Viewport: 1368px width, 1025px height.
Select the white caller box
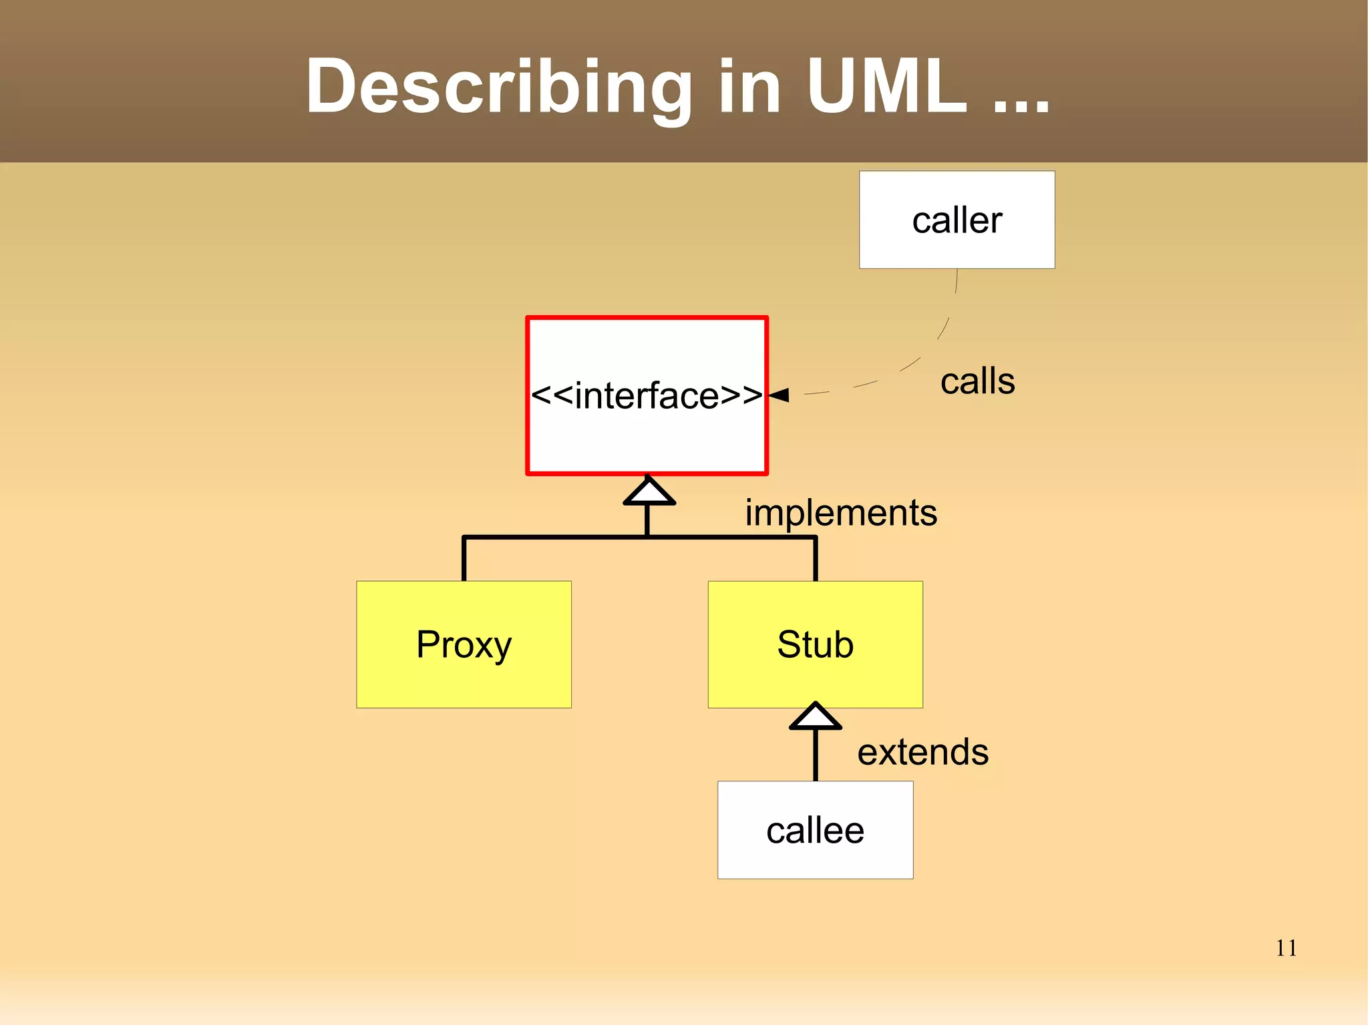957,220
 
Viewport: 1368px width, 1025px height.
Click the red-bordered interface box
647,395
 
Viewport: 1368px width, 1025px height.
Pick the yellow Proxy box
464,644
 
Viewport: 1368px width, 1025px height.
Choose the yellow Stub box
815,644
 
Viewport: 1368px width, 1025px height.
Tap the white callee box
815,830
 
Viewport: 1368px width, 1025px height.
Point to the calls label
977,381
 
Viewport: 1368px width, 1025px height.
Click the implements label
841,513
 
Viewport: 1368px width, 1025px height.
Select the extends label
922,752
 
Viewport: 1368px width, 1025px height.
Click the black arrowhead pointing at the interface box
780,395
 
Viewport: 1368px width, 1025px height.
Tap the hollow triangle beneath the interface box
649,492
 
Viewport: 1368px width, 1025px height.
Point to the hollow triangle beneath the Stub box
815,716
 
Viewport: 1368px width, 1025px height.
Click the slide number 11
1286,948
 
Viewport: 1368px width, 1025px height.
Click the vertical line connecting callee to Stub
815,755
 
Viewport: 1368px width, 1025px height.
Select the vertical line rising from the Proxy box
464,560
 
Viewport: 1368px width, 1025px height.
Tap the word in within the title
749,87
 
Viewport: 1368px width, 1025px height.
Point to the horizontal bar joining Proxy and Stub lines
554,537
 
